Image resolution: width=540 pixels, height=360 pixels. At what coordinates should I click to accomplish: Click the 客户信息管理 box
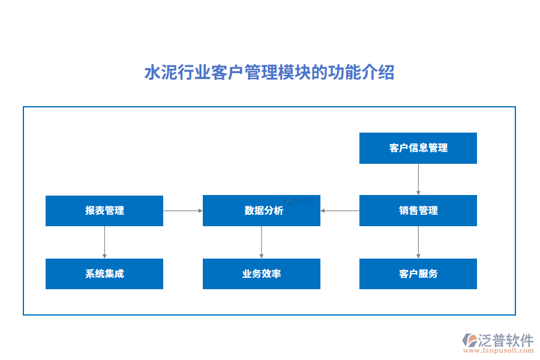click(418, 148)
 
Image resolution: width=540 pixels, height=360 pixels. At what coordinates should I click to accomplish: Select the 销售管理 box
click(418, 211)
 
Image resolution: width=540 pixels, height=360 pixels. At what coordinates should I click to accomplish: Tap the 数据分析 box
click(261, 211)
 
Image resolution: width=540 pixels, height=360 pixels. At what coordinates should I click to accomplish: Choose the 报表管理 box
click(104, 211)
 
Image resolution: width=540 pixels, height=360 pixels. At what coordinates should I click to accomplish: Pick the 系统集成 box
click(104, 274)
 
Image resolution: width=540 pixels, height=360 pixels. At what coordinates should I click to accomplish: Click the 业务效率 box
click(261, 274)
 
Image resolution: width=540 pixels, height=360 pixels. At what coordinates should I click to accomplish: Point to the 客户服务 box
click(418, 274)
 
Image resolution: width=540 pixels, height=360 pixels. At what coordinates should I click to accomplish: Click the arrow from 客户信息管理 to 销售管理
click(418, 179)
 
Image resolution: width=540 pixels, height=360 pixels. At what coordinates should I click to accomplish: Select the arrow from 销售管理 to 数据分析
click(340, 211)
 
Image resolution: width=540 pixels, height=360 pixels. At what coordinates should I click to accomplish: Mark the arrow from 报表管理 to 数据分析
click(183, 211)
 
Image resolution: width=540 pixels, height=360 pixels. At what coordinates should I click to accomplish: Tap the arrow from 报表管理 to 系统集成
click(104, 242)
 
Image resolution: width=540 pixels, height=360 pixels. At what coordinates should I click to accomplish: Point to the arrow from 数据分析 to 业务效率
click(261, 242)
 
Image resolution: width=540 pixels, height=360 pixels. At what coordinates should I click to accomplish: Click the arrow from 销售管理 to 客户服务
click(418, 242)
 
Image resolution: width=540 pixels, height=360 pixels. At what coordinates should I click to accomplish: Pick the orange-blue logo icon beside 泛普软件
click(469, 340)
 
